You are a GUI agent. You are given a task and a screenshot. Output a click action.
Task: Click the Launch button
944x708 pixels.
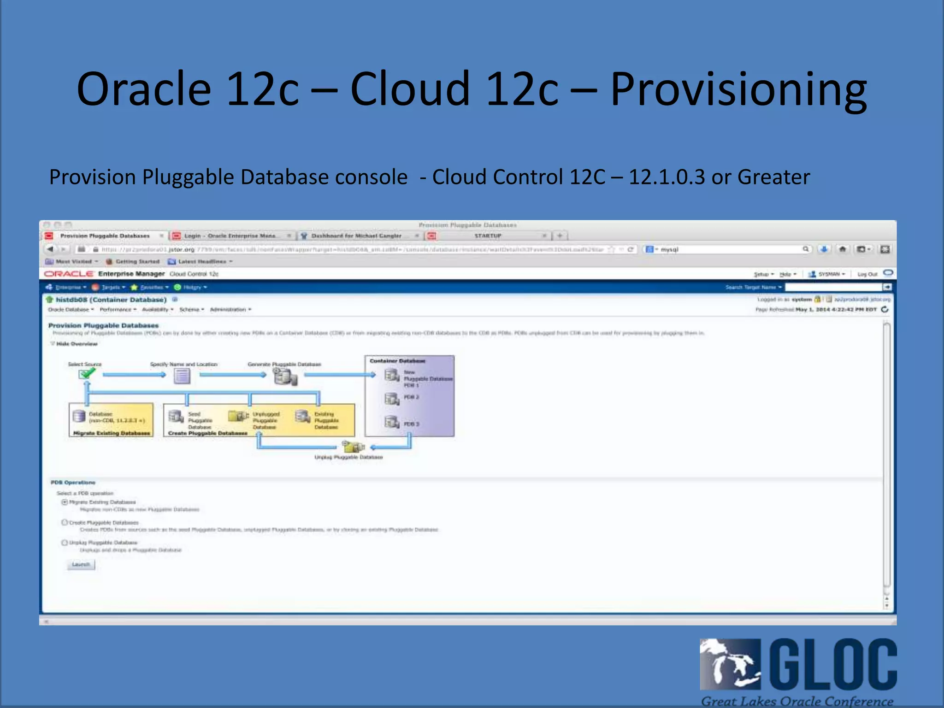(81, 565)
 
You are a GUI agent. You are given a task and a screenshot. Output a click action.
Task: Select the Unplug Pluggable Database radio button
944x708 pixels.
(65, 543)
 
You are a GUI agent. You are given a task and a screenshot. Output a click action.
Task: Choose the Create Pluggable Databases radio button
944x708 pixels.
(65, 522)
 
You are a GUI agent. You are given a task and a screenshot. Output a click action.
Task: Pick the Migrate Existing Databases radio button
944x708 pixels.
(65, 502)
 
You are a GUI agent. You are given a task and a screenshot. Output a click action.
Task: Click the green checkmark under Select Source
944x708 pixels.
(86, 374)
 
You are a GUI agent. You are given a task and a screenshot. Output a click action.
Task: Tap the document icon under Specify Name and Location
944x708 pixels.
(182, 376)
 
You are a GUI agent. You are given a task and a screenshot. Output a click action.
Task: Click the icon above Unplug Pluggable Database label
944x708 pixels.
(353, 447)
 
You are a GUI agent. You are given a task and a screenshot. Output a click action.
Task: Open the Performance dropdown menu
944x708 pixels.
(118, 309)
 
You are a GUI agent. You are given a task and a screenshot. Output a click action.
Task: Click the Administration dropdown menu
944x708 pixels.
(230, 309)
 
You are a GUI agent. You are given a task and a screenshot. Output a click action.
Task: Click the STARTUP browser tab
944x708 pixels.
(488, 236)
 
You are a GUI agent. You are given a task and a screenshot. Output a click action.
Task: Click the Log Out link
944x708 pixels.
(867, 274)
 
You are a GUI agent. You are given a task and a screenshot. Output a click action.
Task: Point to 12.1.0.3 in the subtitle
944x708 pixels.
(667, 177)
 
